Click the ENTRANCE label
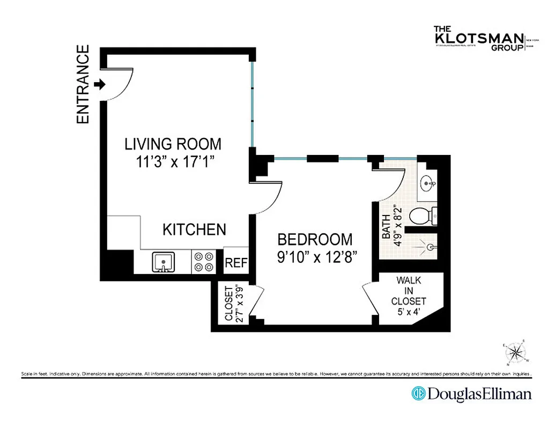click(83, 85)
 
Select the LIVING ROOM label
click(173, 144)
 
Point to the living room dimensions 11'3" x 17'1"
click(173, 161)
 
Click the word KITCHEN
click(194, 230)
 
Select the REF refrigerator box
click(235, 263)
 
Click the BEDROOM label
click(315, 239)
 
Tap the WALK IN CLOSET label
click(409, 291)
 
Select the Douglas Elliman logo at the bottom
click(471, 394)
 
